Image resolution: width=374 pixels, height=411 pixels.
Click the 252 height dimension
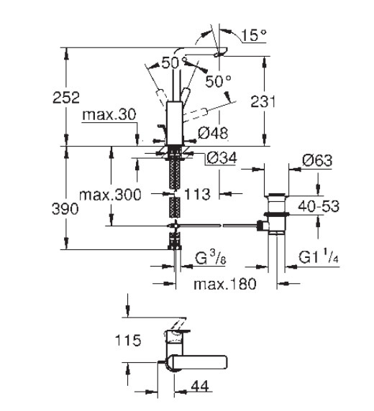coord(66,97)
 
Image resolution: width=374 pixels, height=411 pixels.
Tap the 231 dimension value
coord(263,101)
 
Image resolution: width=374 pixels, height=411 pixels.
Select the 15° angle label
coord(254,35)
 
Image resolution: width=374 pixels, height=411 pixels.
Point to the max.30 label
coord(109,114)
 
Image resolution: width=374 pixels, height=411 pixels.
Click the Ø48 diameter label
coord(213,133)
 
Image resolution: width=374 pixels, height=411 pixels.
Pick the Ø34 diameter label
coord(222,157)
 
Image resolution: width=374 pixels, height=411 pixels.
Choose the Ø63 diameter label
coord(317,160)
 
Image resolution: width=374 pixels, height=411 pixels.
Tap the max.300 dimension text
coord(110,195)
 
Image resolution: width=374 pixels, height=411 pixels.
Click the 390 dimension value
coord(65,209)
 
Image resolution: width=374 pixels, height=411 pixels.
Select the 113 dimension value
coord(197,194)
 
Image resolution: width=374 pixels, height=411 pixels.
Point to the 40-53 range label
coord(319,206)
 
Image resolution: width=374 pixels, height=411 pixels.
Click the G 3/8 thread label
coord(211,258)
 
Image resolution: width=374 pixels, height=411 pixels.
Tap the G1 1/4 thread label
coord(319,257)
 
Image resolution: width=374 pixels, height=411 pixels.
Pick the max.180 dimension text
coord(224,284)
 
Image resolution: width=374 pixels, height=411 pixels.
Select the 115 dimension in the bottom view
coord(128,341)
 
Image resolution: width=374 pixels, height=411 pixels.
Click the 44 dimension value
coord(200,386)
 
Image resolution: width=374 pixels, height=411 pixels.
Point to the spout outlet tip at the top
coord(221,52)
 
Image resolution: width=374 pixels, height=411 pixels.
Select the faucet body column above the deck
coord(175,123)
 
